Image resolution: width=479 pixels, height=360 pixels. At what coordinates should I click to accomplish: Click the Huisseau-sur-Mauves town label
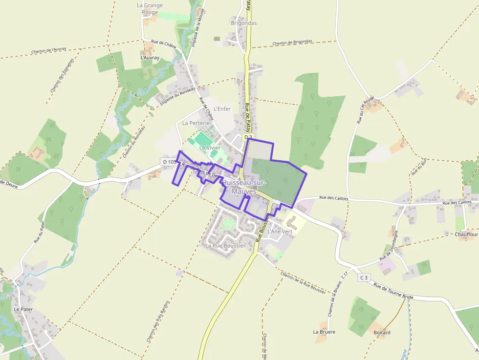[x=244, y=187]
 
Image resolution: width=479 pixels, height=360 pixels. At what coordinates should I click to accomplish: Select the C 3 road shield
[x=363, y=277]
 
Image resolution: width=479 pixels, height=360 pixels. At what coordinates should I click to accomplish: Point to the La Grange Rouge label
[x=150, y=9]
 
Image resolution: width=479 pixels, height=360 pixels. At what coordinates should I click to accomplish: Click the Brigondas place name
[x=243, y=23]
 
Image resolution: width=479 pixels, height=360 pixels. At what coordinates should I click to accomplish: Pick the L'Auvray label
[x=150, y=58]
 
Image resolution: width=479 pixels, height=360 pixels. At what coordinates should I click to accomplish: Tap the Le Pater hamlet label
[x=22, y=309]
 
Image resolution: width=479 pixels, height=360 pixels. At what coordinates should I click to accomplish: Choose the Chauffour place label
[x=466, y=234]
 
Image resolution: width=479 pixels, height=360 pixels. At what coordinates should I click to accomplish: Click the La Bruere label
[x=324, y=332]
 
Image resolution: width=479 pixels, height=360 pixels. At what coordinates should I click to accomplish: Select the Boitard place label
[x=382, y=333]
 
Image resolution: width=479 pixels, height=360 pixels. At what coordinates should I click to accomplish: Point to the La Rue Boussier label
[x=225, y=246]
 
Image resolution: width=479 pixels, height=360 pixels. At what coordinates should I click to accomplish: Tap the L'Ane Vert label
[x=280, y=231]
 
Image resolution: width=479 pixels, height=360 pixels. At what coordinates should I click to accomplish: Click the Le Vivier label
[x=210, y=148]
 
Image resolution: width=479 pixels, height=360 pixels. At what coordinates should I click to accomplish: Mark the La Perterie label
[x=196, y=123]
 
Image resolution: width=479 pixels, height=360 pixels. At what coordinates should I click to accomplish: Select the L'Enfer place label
[x=222, y=108]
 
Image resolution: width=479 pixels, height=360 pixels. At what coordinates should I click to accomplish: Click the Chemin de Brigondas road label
[x=292, y=42]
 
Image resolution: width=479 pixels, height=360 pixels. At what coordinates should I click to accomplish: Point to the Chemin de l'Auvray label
[x=48, y=50]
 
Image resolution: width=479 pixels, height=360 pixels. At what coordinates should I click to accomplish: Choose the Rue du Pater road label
[x=39, y=232]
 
